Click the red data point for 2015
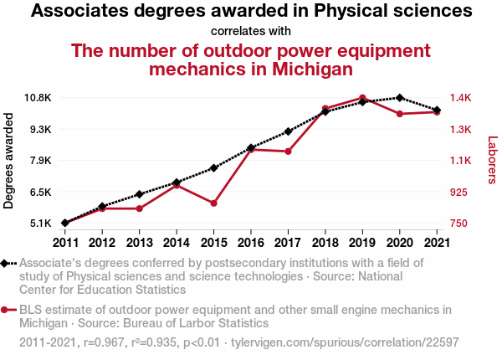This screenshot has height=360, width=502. click(x=214, y=203)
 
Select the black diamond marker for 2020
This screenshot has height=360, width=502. click(x=400, y=98)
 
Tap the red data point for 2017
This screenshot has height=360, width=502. click(x=288, y=152)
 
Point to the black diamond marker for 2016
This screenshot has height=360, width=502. click(x=251, y=147)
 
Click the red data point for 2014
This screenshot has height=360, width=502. click(x=177, y=185)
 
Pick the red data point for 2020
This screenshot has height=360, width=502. click(x=400, y=114)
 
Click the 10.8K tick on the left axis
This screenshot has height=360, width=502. click(x=38, y=98)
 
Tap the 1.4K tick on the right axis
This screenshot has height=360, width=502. click(x=459, y=98)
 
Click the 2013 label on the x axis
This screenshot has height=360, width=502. click(x=140, y=243)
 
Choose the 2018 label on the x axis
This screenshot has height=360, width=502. click(x=325, y=243)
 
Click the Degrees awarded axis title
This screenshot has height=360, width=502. click(x=9, y=161)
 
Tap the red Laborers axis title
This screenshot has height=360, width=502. click(x=492, y=161)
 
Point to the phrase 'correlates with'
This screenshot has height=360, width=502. click(x=251, y=32)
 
